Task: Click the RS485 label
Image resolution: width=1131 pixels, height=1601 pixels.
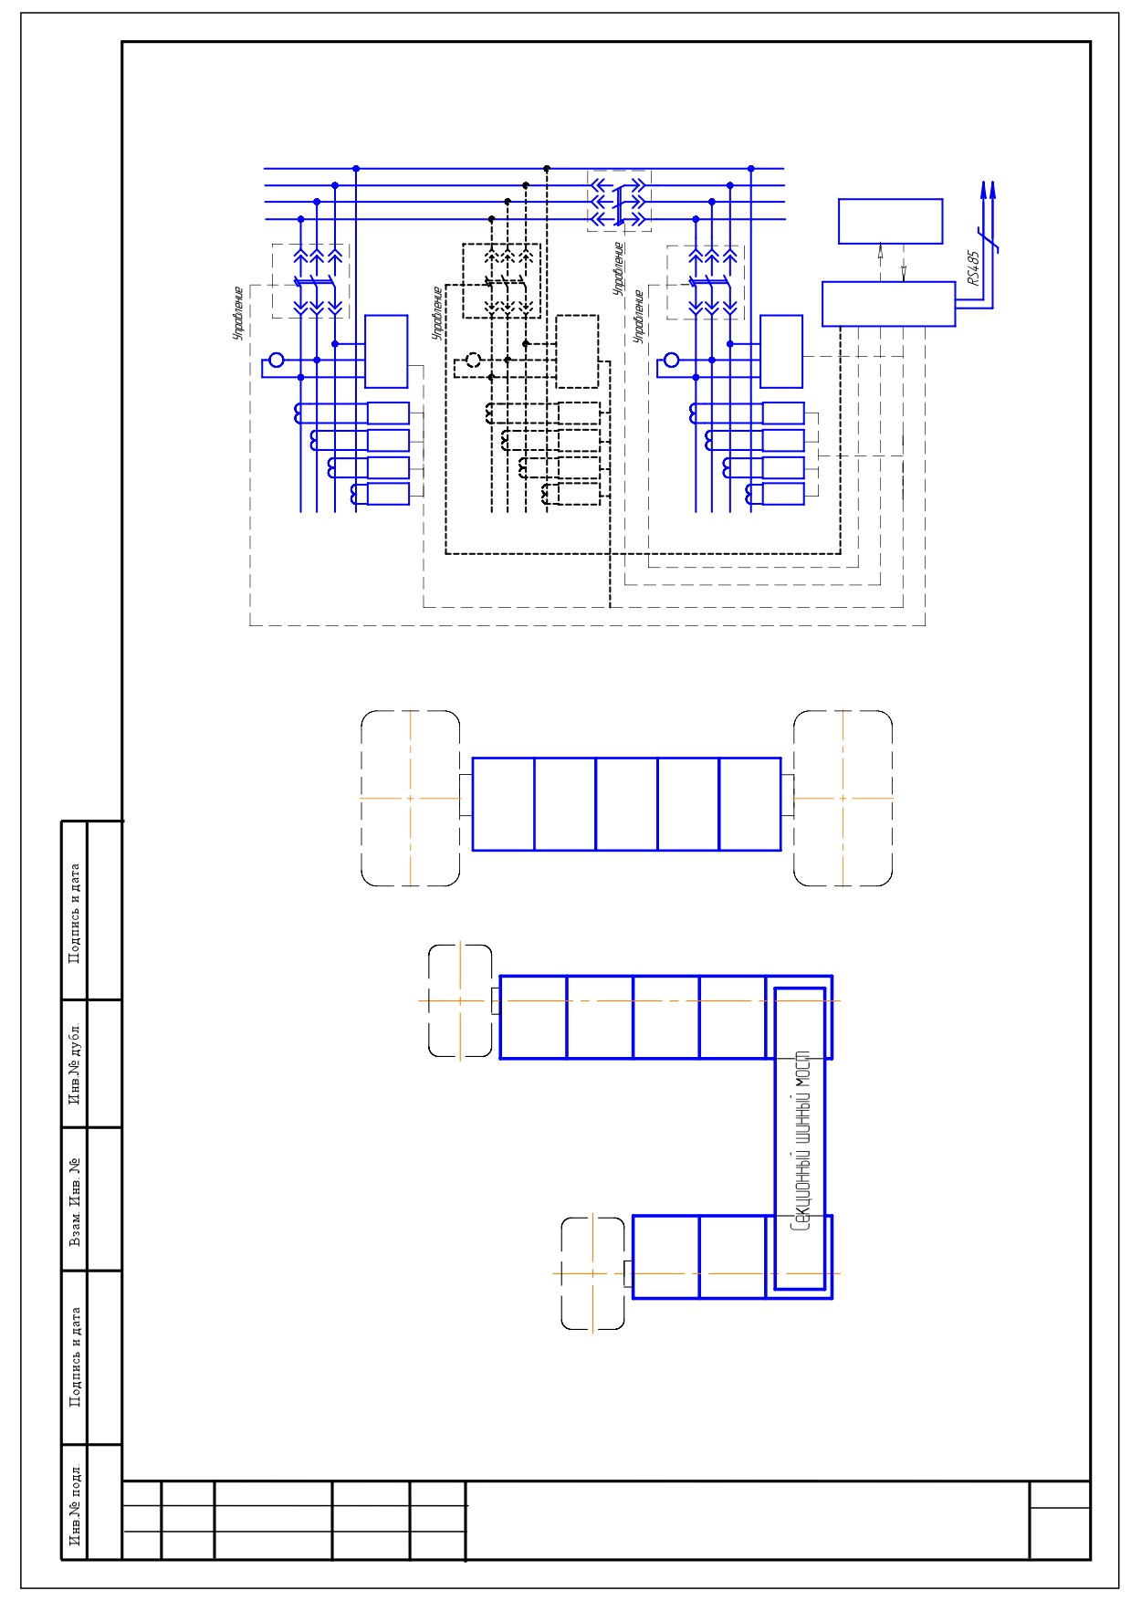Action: [x=974, y=268]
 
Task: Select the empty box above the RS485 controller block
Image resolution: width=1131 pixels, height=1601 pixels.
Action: [x=891, y=222]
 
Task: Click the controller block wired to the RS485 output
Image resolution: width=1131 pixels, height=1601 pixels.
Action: [x=888, y=304]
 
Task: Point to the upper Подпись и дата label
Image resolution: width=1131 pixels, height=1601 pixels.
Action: [x=75, y=913]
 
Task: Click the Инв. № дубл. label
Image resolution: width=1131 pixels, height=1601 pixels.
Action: [x=75, y=1064]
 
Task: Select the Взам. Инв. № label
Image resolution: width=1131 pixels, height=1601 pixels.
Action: [x=75, y=1201]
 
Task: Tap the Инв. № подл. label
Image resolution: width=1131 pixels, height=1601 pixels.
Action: [x=75, y=1506]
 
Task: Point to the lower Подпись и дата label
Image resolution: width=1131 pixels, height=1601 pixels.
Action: [x=75, y=1357]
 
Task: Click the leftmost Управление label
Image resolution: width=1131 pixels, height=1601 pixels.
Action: [x=238, y=313]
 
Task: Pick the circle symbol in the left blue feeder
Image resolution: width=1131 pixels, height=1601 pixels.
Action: [x=277, y=361]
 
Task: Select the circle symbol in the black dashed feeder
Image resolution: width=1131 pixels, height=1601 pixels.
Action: [x=473, y=361]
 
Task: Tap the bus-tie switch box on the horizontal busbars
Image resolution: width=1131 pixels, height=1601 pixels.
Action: [x=620, y=200]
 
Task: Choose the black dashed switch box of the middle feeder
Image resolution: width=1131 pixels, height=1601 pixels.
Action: [x=501, y=280]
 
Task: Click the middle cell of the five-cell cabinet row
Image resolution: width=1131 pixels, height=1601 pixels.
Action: [x=626, y=804]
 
